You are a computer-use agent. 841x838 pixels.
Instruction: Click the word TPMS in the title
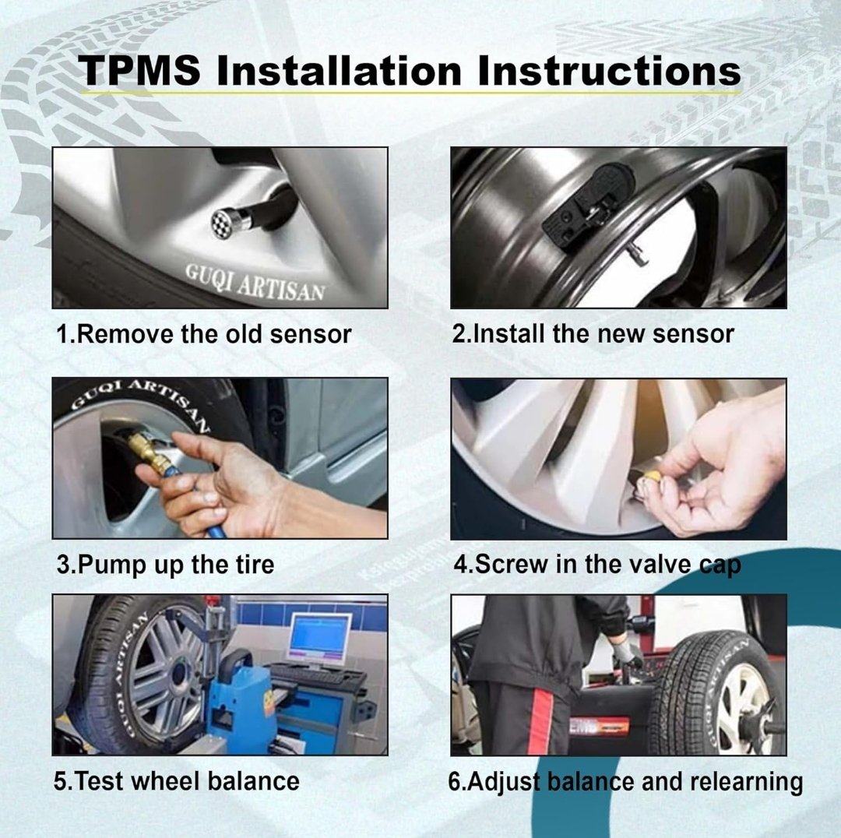pos(140,70)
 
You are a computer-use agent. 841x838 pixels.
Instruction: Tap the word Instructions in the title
pos(609,70)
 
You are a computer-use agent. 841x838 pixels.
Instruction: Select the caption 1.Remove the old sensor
pos(204,334)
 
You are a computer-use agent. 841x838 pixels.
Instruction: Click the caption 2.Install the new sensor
pos(593,333)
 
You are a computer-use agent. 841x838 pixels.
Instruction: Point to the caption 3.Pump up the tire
pos(165,565)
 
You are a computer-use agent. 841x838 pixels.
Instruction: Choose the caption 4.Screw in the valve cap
pos(597,565)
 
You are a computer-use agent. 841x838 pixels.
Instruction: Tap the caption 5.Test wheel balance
pos(177,781)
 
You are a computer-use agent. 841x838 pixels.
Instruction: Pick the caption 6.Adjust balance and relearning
pos(625,782)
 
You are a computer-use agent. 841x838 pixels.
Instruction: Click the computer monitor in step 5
pos(320,639)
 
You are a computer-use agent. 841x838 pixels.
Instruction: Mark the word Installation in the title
pos(339,70)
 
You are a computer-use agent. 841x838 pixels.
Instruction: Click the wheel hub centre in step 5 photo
pos(180,674)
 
